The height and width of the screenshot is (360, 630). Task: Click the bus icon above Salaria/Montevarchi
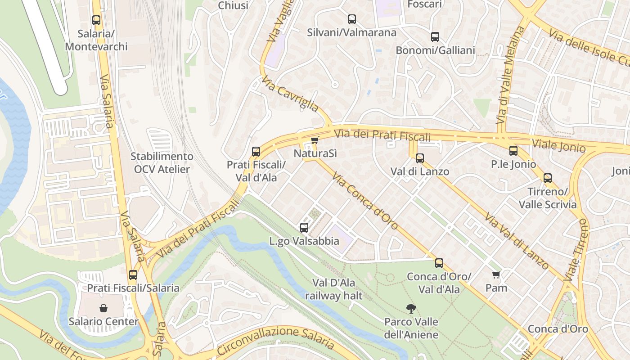tap(96, 20)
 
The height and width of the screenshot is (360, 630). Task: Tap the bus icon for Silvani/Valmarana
tap(352, 19)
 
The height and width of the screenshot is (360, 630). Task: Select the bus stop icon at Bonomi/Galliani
tap(435, 37)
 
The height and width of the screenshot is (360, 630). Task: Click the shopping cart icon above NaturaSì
tap(315, 140)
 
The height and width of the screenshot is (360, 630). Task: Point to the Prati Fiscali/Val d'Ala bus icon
tap(256, 152)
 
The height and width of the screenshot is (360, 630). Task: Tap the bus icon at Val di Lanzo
tap(420, 158)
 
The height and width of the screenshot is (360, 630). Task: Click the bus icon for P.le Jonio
tap(513, 151)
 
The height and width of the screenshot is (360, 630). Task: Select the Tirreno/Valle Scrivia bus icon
tap(548, 178)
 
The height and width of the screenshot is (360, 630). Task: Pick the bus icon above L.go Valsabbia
tap(304, 228)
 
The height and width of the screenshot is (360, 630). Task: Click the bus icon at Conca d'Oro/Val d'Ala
tap(439, 263)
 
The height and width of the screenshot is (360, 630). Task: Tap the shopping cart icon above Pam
tap(496, 274)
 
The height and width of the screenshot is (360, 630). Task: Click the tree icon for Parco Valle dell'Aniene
tap(411, 309)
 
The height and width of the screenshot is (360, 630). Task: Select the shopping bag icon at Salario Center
tap(103, 308)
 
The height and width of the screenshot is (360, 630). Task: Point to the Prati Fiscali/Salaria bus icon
tap(133, 275)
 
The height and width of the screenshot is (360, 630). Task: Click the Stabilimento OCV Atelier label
tap(162, 163)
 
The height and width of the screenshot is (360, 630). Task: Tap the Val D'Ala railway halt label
tap(333, 289)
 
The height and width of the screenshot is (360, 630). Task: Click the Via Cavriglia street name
tap(290, 94)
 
